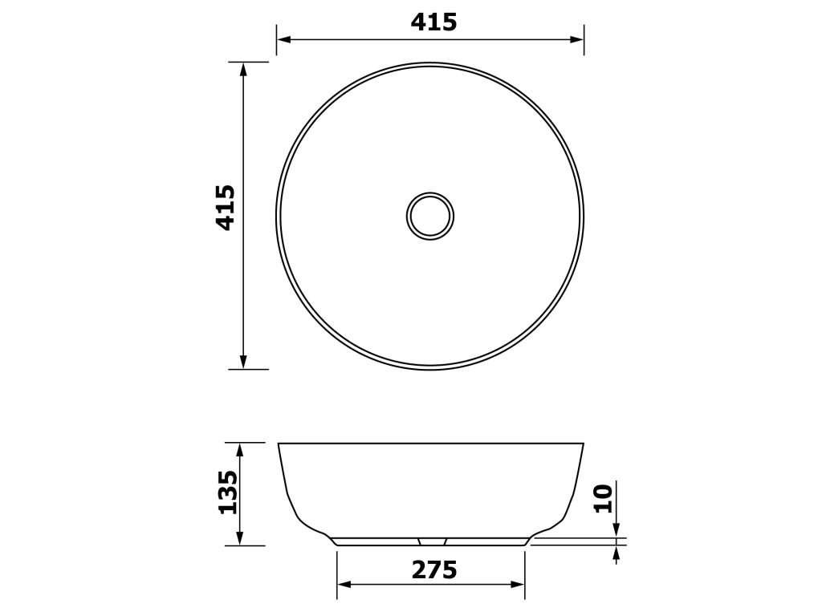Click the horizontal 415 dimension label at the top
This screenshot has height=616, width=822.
point(433,22)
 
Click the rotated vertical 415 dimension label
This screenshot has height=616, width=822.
point(226,208)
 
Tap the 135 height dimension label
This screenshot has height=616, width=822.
point(227,492)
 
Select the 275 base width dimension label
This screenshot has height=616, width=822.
point(434,569)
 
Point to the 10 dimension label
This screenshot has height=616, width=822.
point(603,498)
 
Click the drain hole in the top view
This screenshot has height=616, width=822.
point(430,216)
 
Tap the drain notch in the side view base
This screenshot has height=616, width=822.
point(432,541)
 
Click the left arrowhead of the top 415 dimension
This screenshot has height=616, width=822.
point(284,39)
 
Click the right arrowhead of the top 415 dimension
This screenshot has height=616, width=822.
point(576,39)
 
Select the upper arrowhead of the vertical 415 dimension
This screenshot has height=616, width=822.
point(243,69)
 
